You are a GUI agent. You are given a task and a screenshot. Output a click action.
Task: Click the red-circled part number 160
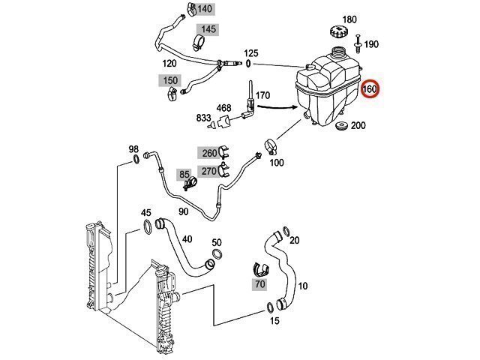pos(370,90)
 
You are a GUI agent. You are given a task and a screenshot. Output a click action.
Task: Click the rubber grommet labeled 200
pos(342,126)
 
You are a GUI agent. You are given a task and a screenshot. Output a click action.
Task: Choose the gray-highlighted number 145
pos(208,29)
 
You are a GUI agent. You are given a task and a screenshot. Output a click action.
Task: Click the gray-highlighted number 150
pos(170,79)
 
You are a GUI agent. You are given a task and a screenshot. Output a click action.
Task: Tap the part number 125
pos(251,53)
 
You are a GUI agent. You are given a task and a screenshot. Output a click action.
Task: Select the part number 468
pos(224,108)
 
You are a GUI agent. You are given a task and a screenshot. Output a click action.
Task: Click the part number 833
pos(203,118)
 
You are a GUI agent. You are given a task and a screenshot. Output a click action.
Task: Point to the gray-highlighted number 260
pos(208,153)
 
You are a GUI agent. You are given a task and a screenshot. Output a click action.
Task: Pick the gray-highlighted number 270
pos(208,171)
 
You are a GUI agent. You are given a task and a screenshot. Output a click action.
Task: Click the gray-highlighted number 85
pos(184,174)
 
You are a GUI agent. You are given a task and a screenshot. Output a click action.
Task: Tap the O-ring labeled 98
pos(136,159)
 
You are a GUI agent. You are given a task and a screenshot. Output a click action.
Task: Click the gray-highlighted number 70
pos(260,285)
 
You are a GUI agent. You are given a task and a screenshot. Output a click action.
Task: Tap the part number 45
pos(146,213)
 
